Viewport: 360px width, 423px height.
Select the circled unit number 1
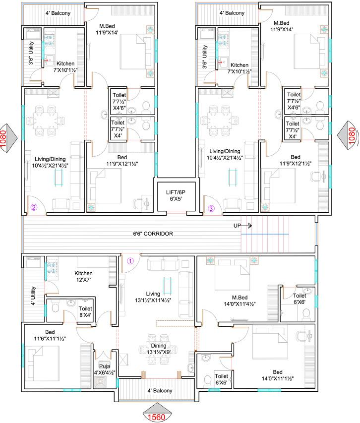click(130, 260)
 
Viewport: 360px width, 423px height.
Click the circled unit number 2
click(34, 208)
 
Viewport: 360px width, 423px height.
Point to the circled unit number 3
click(211, 209)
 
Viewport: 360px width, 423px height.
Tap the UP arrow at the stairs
click(243, 226)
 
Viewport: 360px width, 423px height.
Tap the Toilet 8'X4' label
click(85, 311)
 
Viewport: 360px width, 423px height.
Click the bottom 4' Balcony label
click(160, 391)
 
